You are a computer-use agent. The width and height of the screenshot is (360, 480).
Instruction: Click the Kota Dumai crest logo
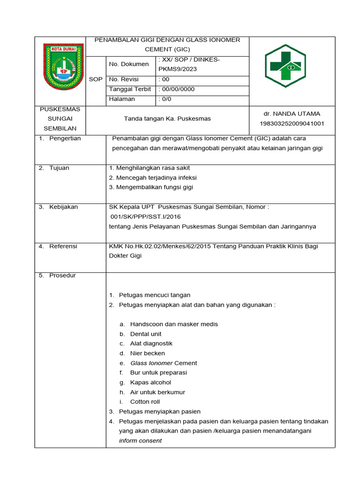tap(63, 67)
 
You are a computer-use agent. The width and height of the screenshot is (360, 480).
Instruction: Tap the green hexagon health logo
tap(285, 67)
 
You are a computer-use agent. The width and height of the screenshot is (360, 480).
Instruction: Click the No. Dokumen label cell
tap(128, 64)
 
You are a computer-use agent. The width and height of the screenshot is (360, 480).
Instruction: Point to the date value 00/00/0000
tap(177, 89)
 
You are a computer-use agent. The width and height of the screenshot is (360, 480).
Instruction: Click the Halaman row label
tap(122, 99)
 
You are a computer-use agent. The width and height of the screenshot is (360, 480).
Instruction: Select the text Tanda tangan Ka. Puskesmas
tap(167, 119)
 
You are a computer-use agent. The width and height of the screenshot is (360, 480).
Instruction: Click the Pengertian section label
tap(65, 138)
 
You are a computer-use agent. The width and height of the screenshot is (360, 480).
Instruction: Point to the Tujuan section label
tap(59, 168)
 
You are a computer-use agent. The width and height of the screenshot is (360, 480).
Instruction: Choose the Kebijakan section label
tap(64, 207)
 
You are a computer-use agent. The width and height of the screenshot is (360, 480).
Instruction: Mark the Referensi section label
tap(63, 246)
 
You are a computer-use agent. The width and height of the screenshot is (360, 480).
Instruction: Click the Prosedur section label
tap(62, 276)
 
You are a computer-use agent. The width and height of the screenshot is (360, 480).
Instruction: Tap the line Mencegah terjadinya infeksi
tap(153, 178)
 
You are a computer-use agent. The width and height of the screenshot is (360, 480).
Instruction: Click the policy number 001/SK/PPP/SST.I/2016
tap(145, 217)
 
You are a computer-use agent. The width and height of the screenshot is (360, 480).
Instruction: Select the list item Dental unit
tap(146, 334)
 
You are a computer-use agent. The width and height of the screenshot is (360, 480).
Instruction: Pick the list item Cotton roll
tap(145, 402)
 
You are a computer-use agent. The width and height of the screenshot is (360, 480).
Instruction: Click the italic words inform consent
tap(140, 441)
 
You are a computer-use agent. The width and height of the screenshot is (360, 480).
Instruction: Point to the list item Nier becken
tap(147, 353)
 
